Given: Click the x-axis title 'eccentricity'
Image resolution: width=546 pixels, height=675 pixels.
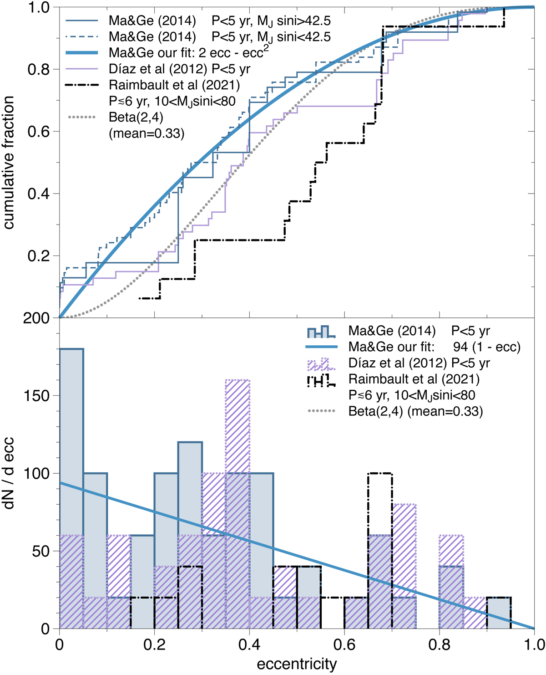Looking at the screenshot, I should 297,664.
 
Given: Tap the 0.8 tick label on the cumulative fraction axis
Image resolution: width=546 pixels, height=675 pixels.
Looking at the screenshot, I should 39,70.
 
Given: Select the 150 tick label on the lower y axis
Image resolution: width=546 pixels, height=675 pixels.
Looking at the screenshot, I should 36,396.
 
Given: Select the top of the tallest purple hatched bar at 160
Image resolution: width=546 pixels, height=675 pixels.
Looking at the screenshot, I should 238,380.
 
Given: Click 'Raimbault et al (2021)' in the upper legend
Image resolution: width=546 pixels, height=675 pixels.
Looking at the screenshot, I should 174,85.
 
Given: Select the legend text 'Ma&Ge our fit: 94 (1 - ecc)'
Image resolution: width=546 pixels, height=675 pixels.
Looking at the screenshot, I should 434,347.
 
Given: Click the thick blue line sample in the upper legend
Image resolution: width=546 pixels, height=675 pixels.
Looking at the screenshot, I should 82,53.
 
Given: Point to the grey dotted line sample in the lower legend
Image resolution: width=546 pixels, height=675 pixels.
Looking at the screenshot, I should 322,411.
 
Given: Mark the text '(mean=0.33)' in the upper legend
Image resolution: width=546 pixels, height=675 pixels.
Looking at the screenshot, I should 147,133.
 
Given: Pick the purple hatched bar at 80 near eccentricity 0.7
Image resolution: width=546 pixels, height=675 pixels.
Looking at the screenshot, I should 404,565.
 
